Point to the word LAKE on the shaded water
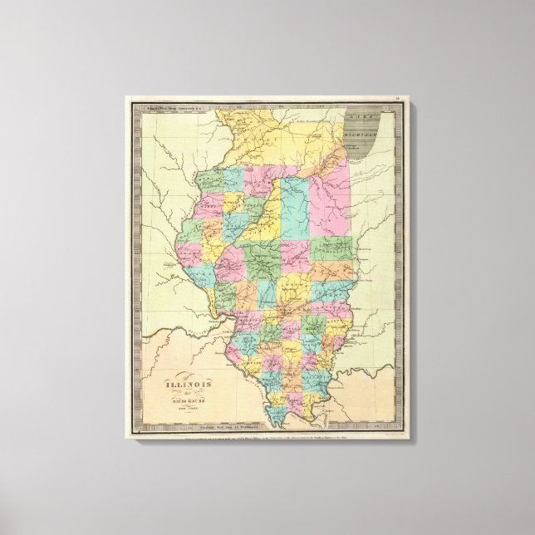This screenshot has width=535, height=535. coord(359,110)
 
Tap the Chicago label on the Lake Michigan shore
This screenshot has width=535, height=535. coord(354,146)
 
